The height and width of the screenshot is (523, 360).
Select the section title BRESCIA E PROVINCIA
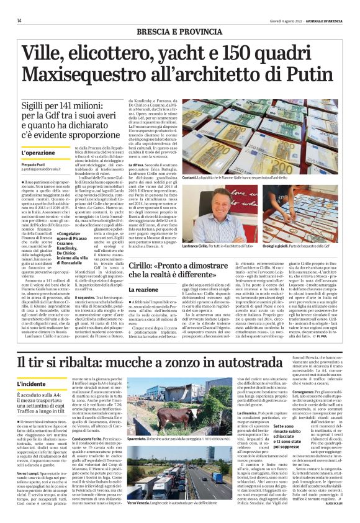click(179, 31)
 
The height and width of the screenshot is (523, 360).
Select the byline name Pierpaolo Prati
click(35, 161)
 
